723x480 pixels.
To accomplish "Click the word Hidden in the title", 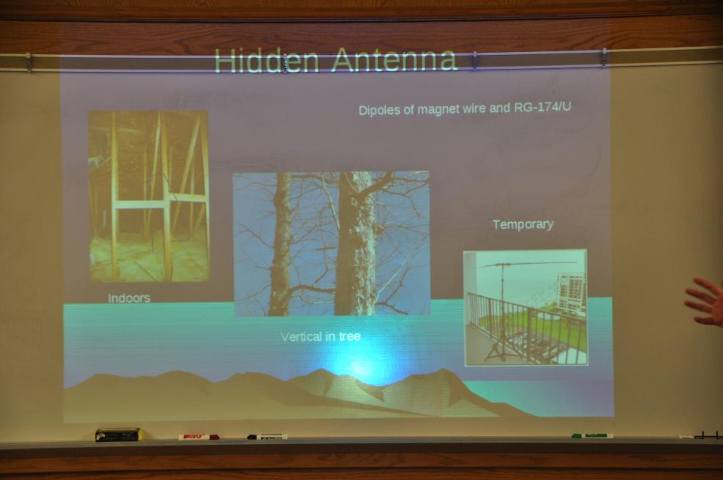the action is click(x=266, y=60).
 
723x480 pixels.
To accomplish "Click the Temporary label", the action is click(x=523, y=224).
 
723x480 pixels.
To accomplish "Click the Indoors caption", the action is click(x=129, y=298).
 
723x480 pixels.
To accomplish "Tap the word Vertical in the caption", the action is click(x=301, y=337).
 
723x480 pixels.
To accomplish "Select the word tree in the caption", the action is click(x=350, y=336).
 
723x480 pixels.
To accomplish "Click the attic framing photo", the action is click(x=148, y=196).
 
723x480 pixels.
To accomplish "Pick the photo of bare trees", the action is click(x=331, y=244).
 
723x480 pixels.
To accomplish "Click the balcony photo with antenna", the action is click(x=525, y=308).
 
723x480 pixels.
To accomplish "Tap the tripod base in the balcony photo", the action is click(x=496, y=353).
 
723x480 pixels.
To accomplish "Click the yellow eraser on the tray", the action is click(x=119, y=435).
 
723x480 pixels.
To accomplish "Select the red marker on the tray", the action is click(x=198, y=437).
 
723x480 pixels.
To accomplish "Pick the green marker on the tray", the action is click(x=592, y=435).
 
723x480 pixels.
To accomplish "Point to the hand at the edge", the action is click(x=705, y=302).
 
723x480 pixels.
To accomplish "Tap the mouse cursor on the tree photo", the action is click(x=354, y=202).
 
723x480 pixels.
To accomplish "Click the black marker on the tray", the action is click(x=267, y=437).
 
